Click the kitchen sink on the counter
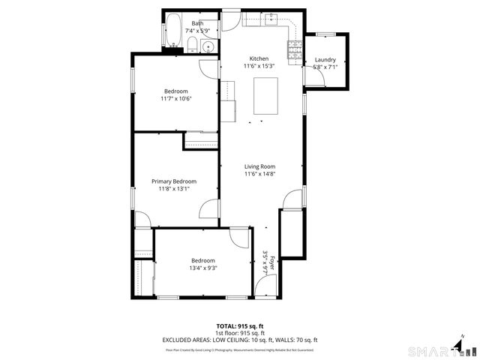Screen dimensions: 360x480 point(271,18)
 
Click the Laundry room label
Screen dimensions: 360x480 point(325,60)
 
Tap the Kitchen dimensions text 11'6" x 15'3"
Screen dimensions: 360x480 point(259,66)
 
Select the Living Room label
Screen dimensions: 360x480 point(259,166)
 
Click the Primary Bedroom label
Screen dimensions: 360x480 point(174,181)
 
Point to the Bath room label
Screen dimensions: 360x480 point(196,23)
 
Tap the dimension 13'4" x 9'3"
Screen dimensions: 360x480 point(202,268)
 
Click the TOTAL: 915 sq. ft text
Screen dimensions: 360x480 point(240,326)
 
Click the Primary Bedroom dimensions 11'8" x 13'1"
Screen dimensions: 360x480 point(174,189)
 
